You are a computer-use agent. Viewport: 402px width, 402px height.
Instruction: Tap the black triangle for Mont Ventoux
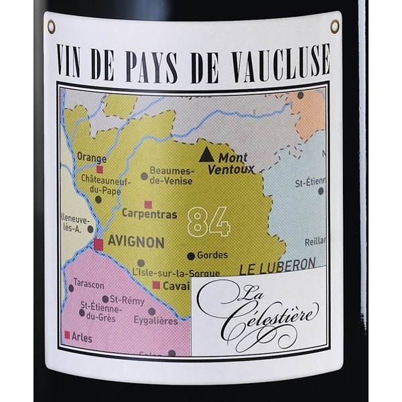coord(206,155)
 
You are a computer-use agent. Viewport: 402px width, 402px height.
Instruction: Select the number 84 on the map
coord(208,221)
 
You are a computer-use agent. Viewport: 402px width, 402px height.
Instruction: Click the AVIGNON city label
coord(137,243)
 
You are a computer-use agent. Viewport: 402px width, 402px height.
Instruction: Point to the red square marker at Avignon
coord(98,244)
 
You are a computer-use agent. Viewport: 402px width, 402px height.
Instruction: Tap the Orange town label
coord(92,157)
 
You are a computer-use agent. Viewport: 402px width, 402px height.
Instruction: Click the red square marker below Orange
coord(100,170)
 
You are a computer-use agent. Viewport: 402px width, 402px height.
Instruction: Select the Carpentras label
coord(149,214)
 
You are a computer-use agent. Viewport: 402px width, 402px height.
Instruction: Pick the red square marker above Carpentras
coord(148,204)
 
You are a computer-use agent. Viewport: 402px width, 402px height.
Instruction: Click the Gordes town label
coord(212,255)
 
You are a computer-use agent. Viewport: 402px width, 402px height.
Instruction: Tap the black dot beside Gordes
coord(191,256)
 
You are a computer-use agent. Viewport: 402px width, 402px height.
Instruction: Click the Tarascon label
coord(89,283)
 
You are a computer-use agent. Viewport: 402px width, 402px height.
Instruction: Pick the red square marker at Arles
coord(67,334)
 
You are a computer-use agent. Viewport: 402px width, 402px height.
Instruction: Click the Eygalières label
coord(155,321)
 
